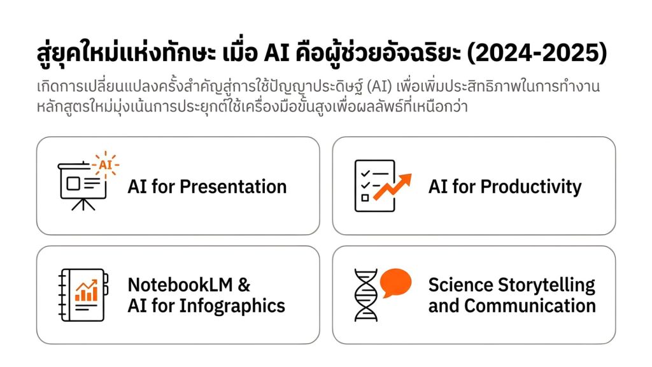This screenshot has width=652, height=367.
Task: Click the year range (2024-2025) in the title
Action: pos(537,54)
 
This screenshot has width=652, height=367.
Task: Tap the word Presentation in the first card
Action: pos(233,187)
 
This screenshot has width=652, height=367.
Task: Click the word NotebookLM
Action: pos(180,285)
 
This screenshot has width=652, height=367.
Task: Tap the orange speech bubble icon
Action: pos(395,282)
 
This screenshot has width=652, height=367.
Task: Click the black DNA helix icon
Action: pos(366,295)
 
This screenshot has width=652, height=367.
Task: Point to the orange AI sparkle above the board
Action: pos(105,165)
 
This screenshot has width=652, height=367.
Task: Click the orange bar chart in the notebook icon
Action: pos(86,291)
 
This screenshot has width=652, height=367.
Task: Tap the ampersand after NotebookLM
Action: pos(244,285)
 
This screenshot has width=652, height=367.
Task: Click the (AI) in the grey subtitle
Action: pos(379,87)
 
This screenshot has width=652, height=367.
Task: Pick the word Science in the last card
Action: pos(460,285)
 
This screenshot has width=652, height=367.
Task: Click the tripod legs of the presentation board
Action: pos(83,205)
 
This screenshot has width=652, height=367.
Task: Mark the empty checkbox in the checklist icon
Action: pos(365,198)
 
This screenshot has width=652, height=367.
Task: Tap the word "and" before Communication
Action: pos(444,306)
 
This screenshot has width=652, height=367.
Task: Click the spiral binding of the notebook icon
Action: pos(62,295)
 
